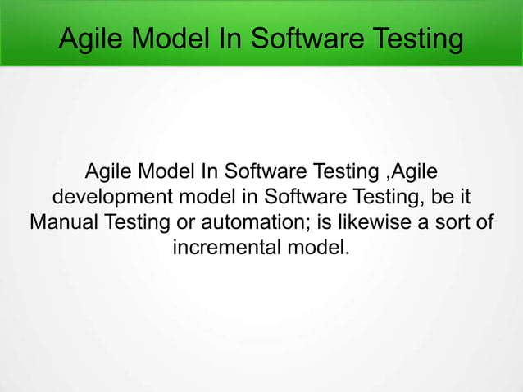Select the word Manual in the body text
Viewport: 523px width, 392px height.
(61, 222)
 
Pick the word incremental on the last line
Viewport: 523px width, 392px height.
(224, 247)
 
